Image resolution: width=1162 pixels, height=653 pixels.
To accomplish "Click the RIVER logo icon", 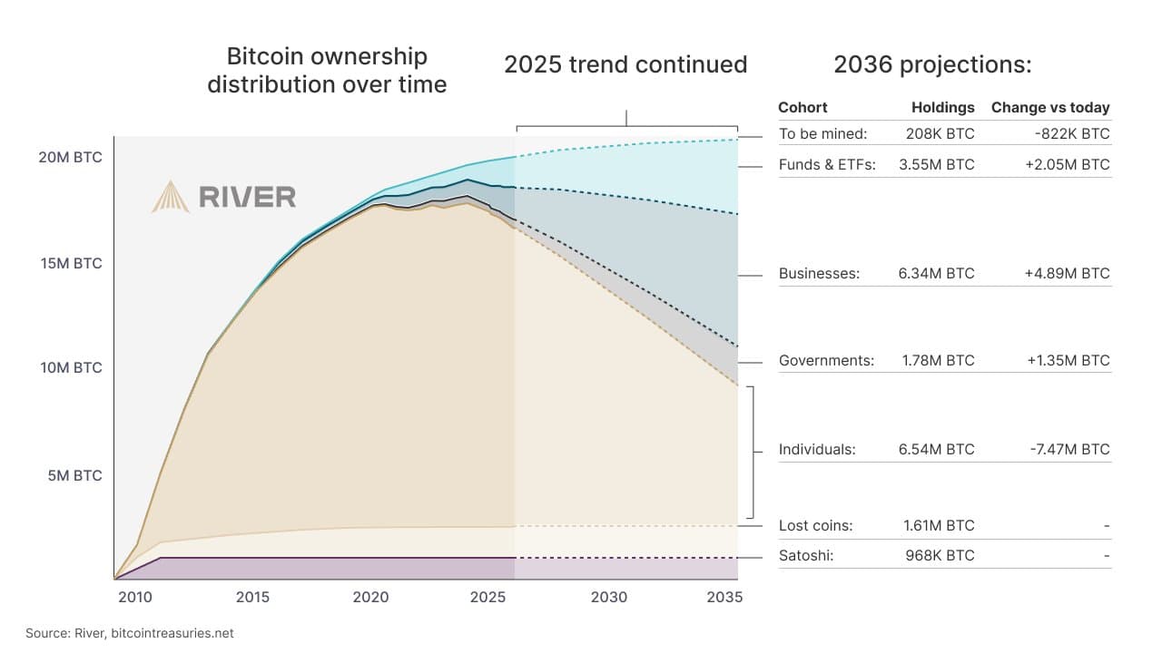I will pyautogui.click(x=170, y=197).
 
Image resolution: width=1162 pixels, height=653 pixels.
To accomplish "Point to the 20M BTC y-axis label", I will pyautogui.click(x=70, y=157).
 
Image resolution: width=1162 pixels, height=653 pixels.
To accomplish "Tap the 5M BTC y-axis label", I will pyautogui.click(x=74, y=475).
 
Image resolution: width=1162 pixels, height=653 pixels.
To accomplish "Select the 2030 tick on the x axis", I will pyautogui.click(x=608, y=597).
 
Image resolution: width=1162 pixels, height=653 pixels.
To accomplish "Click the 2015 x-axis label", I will pyautogui.click(x=252, y=597).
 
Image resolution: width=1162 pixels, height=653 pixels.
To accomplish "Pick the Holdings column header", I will pyautogui.click(x=942, y=107).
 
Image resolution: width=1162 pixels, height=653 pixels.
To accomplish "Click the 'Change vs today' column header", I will pyautogui.click(x=1049, y=107).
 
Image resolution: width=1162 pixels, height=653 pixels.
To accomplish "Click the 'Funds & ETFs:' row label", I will pyautogui.click(x=826, y=165).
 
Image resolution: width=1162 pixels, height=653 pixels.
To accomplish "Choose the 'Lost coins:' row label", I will pyautogui.click(x=815, y=525).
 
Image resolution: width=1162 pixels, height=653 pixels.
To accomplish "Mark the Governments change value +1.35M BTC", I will pyautogui.click(x=1068, y=360).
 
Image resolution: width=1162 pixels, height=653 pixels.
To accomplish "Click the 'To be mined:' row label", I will pyautogui.click(x=822, y=133).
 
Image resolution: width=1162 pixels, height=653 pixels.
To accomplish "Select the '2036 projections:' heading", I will pyautogui.click(x=932, y=65).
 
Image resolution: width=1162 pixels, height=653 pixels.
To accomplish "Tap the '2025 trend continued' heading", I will pyautogui.click(x=625, y=65).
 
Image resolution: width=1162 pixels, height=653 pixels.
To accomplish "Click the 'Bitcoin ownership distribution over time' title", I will pyautogui.click(x=327, y=71).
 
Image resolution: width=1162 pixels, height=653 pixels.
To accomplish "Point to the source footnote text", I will pyautogui.click(x=129, y=633).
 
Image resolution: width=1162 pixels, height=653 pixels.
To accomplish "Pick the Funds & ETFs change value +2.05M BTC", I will pyautogui.click(x=1068, y=165).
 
